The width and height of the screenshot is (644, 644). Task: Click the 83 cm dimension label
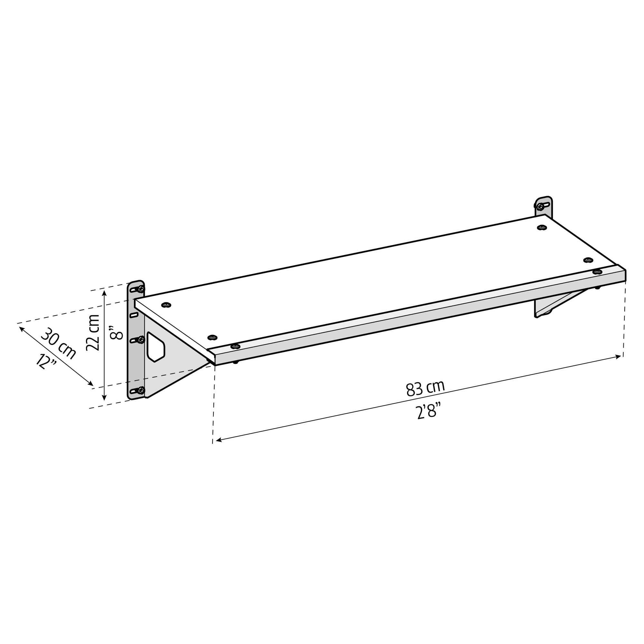click(425, 389)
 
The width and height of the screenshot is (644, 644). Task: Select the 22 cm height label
click(93, 333)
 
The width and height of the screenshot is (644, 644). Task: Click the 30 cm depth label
click(59, 344)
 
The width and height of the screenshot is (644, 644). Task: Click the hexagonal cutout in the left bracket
click(156, 347)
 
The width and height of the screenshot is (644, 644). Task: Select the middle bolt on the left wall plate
click(141, 340)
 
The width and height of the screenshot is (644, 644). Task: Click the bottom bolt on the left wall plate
click(141, 390)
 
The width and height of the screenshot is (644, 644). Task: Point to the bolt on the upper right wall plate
click(541, 207)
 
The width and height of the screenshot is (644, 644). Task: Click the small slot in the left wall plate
click(134, 315)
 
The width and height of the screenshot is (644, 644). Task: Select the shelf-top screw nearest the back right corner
click(542, 228)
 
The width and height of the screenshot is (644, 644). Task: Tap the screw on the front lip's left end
click(235, 346)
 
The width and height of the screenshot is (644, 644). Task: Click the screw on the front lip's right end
click(597, 272)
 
